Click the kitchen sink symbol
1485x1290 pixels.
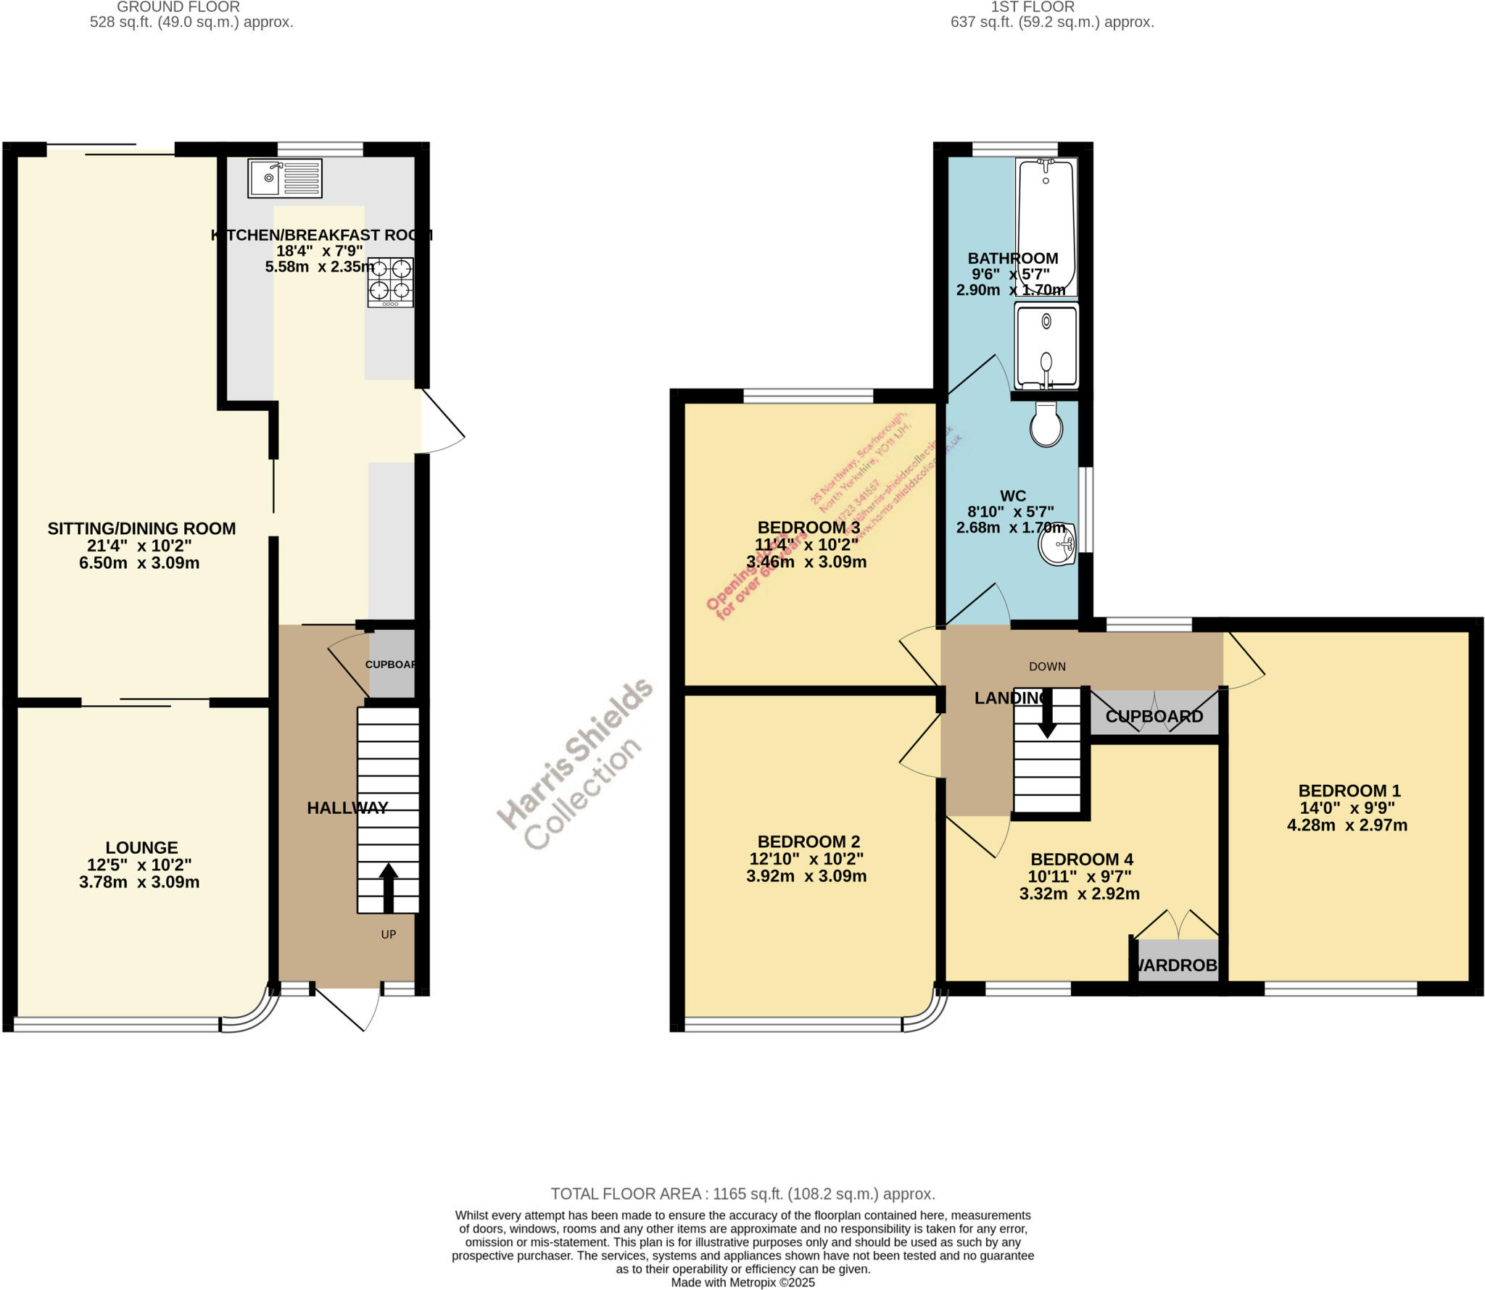point(284,178)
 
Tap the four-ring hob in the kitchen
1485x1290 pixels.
point(391,282)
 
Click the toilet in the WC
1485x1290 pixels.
point(1046,425)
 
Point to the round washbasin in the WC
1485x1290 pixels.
point(1057,544)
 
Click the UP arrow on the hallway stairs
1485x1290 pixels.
point(389,887)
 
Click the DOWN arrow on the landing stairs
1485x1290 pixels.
point(1047,720)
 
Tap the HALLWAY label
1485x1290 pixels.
point(347,807)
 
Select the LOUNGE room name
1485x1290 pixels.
point(141,847)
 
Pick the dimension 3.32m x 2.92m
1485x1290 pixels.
point(1079,894)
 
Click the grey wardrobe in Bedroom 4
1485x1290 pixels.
point(1178,961)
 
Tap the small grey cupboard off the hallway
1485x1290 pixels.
point(392,664)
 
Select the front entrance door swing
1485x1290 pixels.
point(348,1007)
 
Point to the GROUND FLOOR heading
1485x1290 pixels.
point(178,7)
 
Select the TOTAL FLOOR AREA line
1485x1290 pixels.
point(742,1194)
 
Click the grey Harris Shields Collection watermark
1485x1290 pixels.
point(573,765)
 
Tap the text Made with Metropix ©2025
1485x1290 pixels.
point(742,1282)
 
